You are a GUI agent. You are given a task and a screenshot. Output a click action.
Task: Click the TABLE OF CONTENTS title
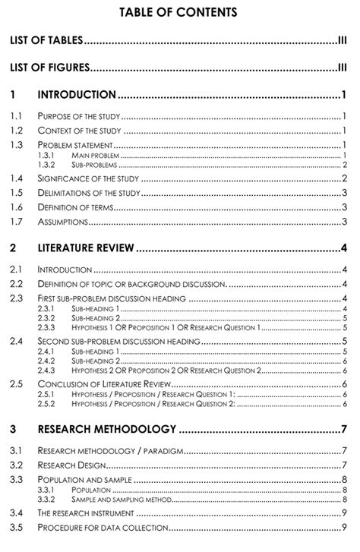[x=179, y=12]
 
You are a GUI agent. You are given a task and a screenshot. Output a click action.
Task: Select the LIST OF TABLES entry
[x=46, y=40]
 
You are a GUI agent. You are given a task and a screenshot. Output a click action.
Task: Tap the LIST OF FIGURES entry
[x=49, y=68]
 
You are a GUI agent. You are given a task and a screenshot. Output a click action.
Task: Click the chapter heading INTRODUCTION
[x=77, y=95]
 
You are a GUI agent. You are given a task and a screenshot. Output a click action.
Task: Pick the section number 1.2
[x=17, y=131]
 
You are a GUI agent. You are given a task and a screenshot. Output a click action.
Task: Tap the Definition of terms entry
[x=75, y=207]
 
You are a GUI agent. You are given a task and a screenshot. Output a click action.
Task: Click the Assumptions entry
[x=62, y=222]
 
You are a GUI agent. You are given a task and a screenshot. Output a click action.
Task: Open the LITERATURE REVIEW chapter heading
[x=86, y=248]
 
